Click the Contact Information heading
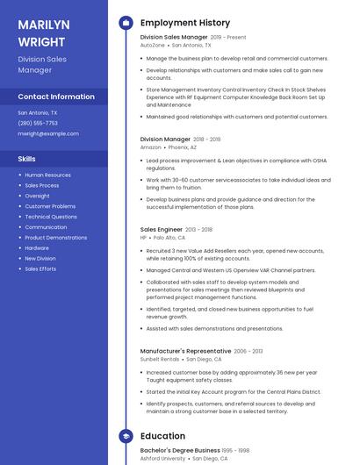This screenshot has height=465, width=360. click(56, 97)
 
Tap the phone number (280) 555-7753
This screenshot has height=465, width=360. click(38, 123)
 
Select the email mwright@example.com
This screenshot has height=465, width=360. click(48, 133)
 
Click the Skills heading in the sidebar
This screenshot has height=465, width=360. click(27, 159)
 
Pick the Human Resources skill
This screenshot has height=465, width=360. click(48, 175)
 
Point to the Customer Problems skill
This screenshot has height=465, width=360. click(50, 206)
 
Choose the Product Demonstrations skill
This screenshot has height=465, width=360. click(56, 238)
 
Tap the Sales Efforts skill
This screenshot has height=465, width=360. click(40, 268)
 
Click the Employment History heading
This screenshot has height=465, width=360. click(185, 23)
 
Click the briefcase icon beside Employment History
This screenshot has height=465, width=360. click(126, 23)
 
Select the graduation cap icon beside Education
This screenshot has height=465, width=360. click(126, 435)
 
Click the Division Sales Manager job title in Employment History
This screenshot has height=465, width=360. click(174, 38)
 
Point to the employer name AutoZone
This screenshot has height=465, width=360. click(152, 45)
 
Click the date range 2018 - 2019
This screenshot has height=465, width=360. click(206, 139)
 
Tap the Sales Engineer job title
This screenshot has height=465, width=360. click(161, 230)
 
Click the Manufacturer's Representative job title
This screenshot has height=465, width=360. click(184, 351)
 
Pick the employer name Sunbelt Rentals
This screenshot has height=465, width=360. click(160, 359)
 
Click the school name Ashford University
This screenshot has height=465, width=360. click(162, 458)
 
